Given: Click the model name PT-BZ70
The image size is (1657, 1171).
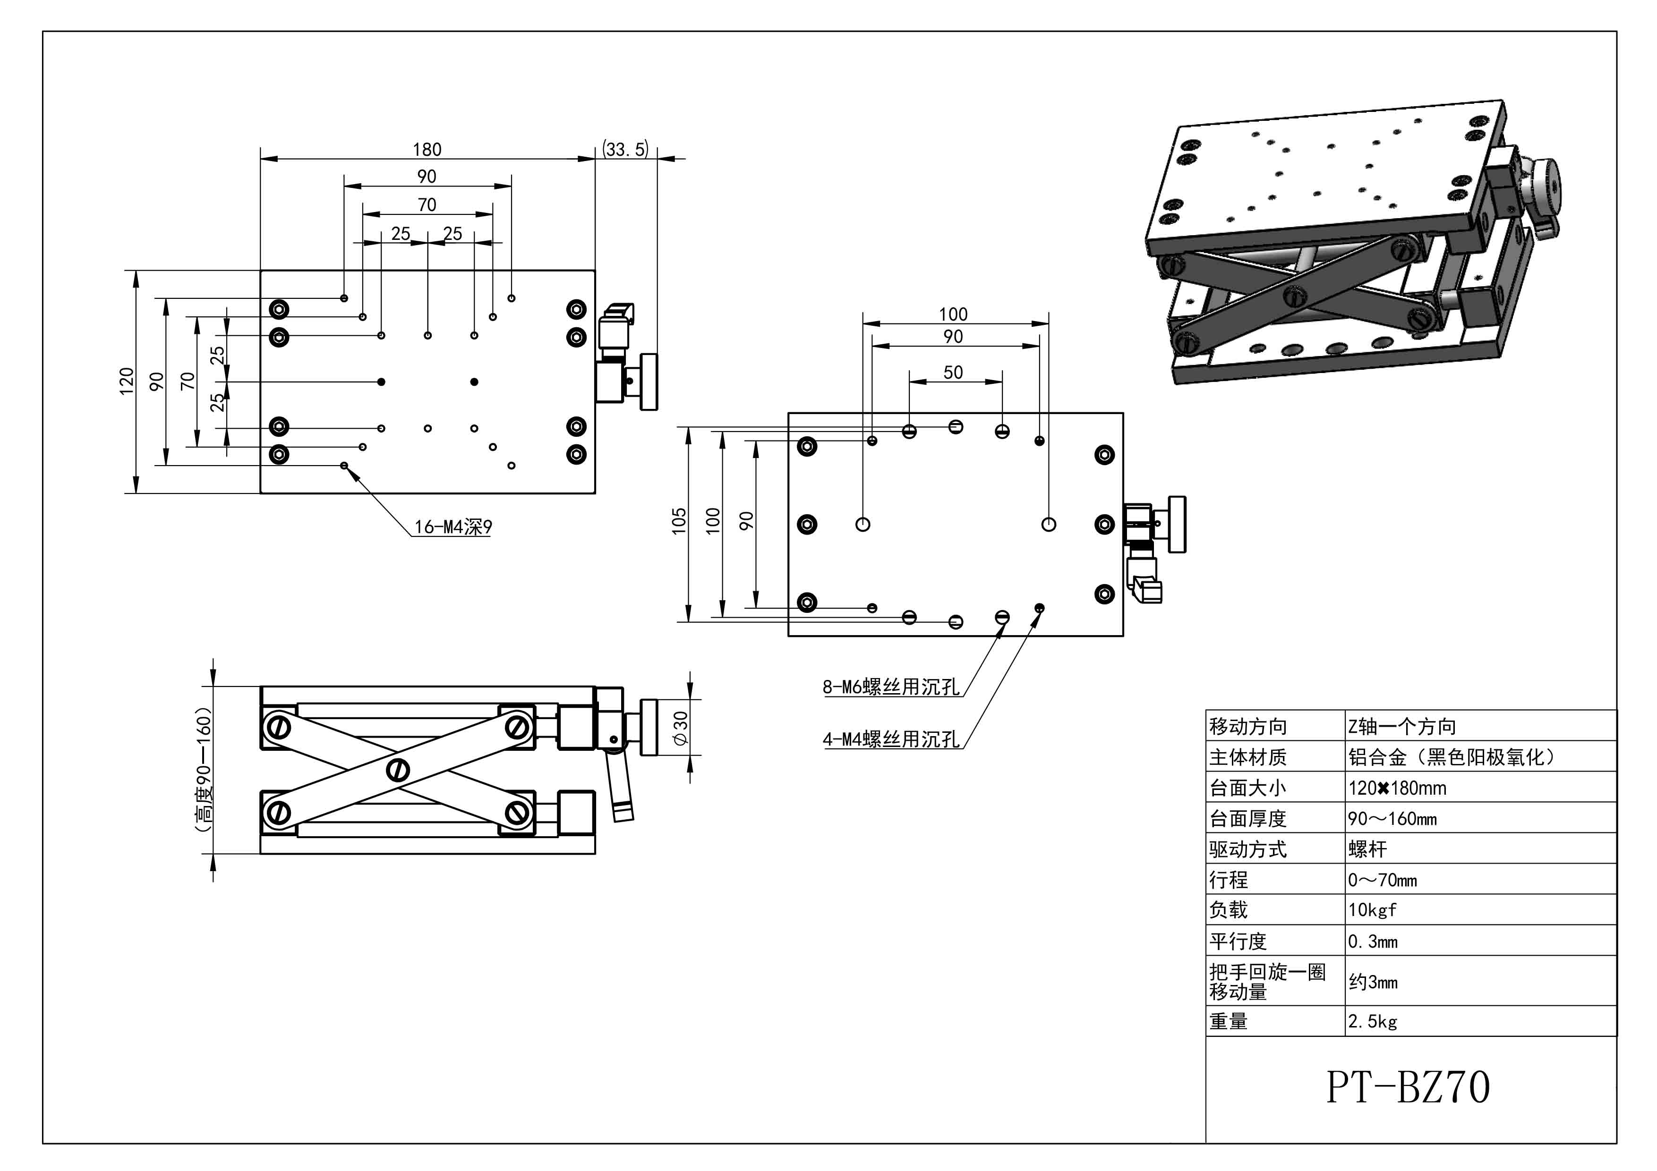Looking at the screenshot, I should (x=1407, y=1087).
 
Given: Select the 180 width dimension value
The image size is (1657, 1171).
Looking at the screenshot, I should (x=427, y=149).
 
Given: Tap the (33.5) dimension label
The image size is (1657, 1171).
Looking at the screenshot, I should (x=626, y=149).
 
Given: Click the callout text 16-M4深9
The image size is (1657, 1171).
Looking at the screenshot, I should (x=453, y=527).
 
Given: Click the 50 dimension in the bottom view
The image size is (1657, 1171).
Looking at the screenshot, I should (x=953, y=372).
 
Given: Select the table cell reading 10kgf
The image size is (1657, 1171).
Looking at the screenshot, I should (x=1372, y=910).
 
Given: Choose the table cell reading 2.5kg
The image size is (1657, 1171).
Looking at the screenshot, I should (x=1372, y=1022).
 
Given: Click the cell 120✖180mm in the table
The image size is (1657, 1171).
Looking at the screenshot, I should (x=1396, y=788).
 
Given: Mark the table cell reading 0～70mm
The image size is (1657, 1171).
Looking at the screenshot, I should (x=1382, y=880).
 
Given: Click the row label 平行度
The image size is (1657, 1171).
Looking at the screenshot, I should (x=1238, y=942).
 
